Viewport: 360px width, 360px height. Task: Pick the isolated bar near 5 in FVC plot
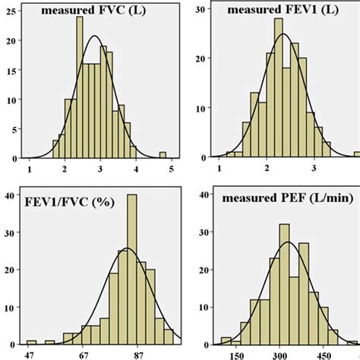163,155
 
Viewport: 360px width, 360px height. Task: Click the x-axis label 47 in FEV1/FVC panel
31,353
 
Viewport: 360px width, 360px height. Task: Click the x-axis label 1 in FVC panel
29,169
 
